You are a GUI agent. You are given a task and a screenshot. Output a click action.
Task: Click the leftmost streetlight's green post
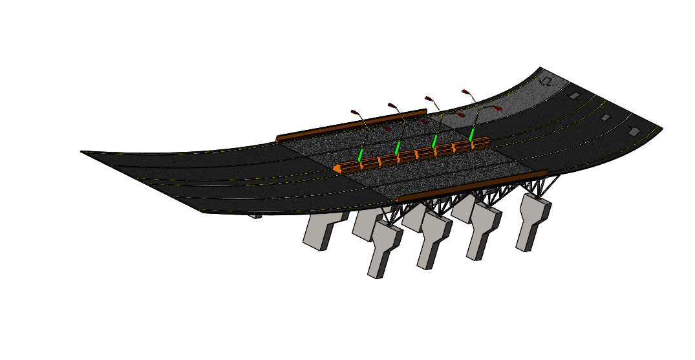[361, 155]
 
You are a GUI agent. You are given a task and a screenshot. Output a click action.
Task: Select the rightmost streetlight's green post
[472, 134]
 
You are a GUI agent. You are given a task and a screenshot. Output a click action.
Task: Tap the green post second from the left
[398, 148]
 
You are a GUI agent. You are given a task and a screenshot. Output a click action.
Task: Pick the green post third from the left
[435, 141]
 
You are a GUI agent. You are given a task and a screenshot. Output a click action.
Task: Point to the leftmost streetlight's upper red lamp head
[354, 112]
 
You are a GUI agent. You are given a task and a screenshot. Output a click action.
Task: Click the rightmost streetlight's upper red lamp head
[465, 90]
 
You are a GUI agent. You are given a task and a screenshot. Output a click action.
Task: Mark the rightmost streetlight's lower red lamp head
[498, 108]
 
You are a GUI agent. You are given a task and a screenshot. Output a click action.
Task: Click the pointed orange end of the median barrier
[337, 169]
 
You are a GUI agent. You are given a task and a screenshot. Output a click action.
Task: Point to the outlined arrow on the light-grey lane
[547, 81]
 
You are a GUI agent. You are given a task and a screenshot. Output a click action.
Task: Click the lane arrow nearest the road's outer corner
[634, 131]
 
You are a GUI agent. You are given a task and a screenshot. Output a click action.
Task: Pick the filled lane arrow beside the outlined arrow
[573, 96]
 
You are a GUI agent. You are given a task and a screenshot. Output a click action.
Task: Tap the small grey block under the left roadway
[256, 216]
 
